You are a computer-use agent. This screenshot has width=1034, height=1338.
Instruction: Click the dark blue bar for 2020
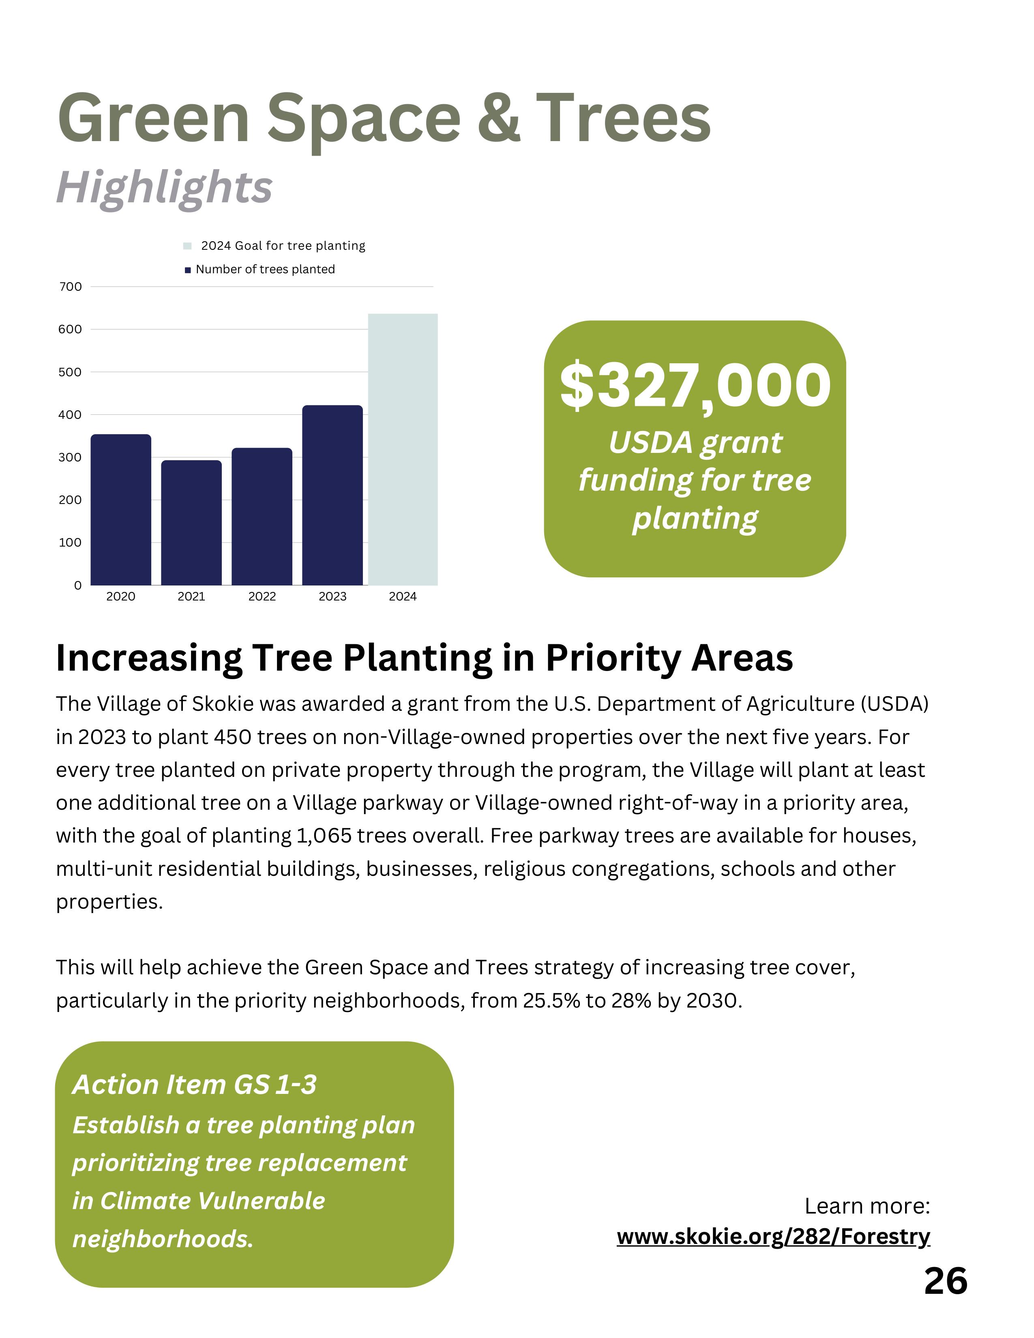click(121, 509)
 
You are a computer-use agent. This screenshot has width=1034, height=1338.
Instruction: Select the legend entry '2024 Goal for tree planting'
click(282, 246)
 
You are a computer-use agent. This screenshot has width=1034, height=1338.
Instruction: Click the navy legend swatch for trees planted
click(187, 270)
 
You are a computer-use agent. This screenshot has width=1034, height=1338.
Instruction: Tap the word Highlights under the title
click(164, 187)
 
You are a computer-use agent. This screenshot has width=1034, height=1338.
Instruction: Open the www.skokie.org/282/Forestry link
click(773, 1236)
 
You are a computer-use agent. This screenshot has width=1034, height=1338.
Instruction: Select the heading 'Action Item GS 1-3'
click(195, 1084)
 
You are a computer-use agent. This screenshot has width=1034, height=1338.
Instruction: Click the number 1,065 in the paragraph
click(324, 836)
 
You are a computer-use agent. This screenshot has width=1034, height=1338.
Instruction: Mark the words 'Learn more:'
click(867, 1206)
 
